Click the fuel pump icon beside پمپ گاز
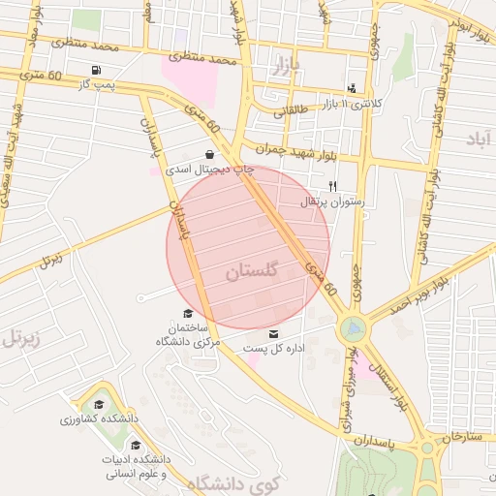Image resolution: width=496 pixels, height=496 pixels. (x=95, y=71)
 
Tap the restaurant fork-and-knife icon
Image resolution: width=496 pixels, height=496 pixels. (x=332, y=185)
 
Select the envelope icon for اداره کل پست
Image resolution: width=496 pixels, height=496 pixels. (x=260, y=334)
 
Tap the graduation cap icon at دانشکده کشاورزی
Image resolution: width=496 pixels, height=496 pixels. (x=98, y=405)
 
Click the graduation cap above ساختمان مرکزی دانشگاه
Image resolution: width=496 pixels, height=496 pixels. (x=187, y=313)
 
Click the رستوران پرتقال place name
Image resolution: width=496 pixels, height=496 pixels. (x=333, y=202)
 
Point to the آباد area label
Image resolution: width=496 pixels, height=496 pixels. (x=479, y=139)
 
